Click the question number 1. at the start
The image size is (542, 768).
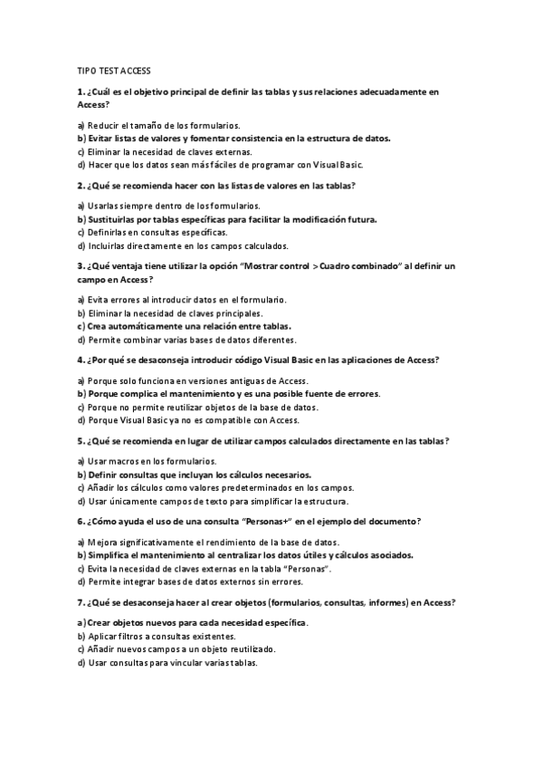tap(81, 91)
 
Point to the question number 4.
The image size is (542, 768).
tap(81, 360)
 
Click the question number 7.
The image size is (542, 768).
tap(81, 601)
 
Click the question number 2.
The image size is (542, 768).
tap(81, 185)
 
